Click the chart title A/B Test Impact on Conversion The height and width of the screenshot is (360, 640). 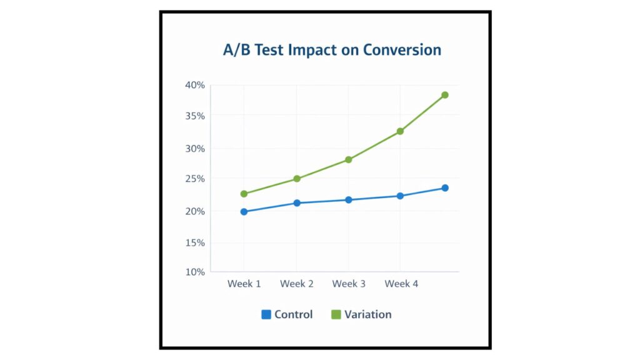(x=332, y=50)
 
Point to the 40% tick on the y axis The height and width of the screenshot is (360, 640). (x=194, y=85)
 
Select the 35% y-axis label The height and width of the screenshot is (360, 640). (x=194, y=116)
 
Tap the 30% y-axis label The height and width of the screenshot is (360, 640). (x=194, y=149)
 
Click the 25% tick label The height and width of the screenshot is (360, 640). (x=194, y=179)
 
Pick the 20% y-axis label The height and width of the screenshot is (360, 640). (x=194, y=211)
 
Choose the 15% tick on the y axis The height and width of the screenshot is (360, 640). (x=194, y=242)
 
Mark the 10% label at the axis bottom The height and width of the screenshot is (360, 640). (x=194, y=272)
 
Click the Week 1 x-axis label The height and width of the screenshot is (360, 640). (x=244, y=284)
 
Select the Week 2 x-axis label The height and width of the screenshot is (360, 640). (x=297, y=284)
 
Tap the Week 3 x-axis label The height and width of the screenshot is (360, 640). (x=349, y=284)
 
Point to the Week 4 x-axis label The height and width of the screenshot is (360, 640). (x=401, y=284)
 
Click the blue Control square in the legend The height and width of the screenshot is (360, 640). (x=266, y=314)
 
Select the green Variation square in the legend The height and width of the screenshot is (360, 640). (x=336, y=314)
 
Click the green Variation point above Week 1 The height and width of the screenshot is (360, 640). (x=244, y=194)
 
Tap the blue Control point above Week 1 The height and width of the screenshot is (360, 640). (x=244, y=212)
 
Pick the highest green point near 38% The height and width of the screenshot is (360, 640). (x=445, y=95)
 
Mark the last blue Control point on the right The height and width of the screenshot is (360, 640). (x=445, y=188)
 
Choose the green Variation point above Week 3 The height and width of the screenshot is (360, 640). (x=349, y=160)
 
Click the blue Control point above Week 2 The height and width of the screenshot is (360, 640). (x=297, y=203)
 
